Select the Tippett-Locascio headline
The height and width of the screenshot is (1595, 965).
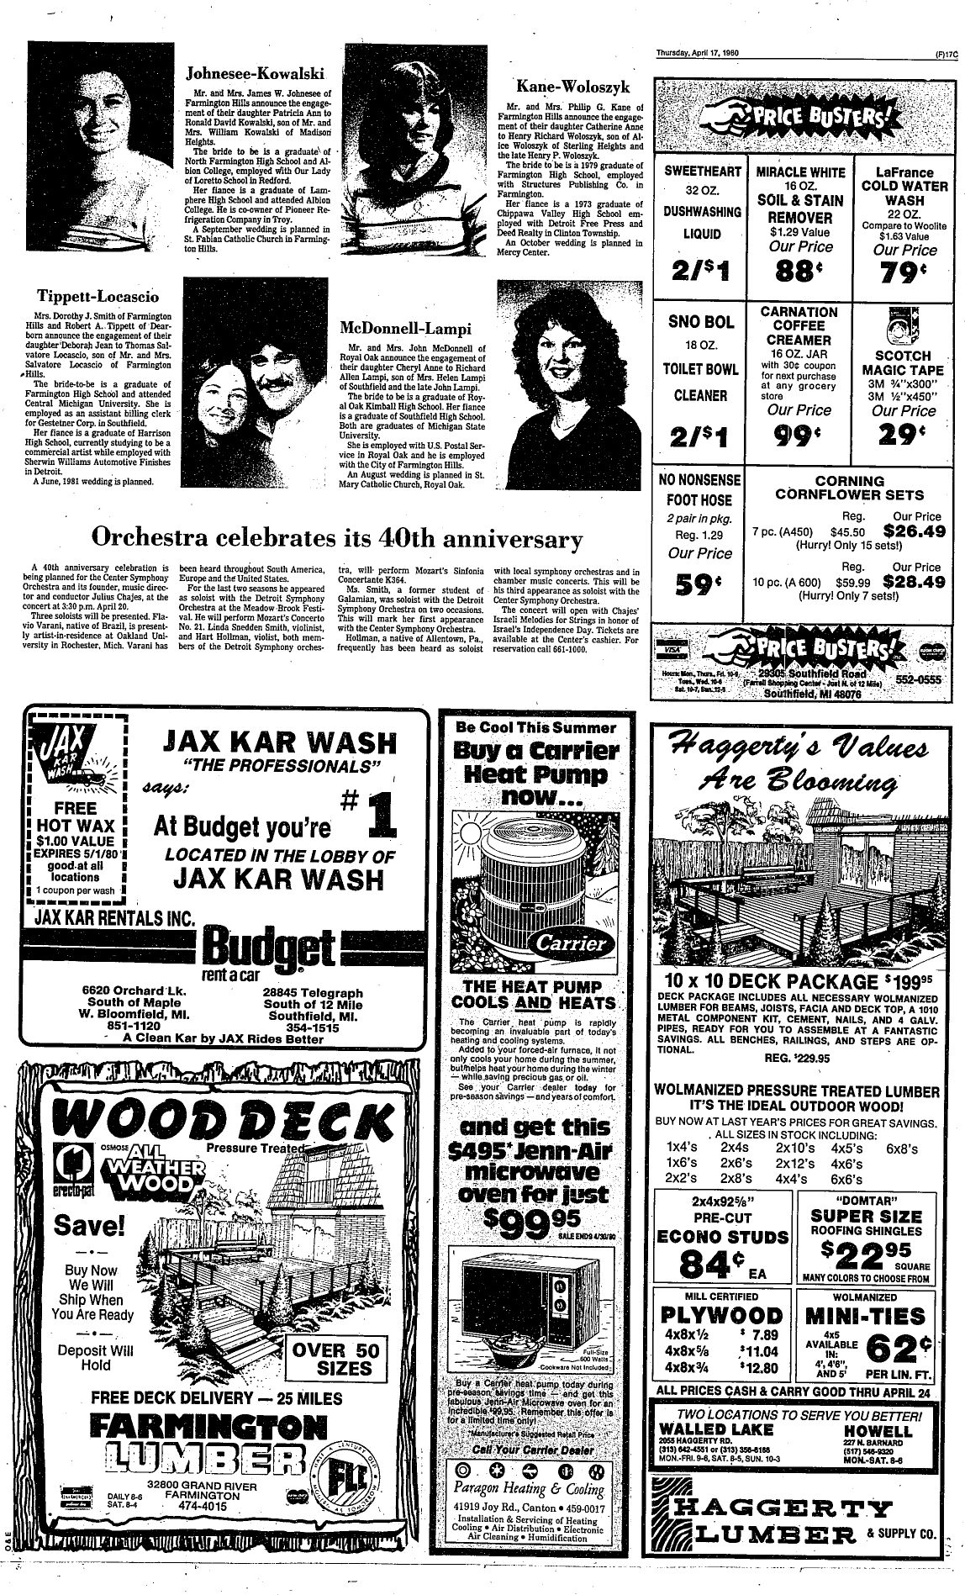pos(98,296)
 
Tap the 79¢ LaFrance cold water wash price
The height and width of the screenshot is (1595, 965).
pos(904,272)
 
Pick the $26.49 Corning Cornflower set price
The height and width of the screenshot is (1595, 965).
pos(915,531)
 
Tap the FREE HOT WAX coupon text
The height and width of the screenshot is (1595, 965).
pos(76,818)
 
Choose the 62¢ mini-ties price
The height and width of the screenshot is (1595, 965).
pos(899,1349)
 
